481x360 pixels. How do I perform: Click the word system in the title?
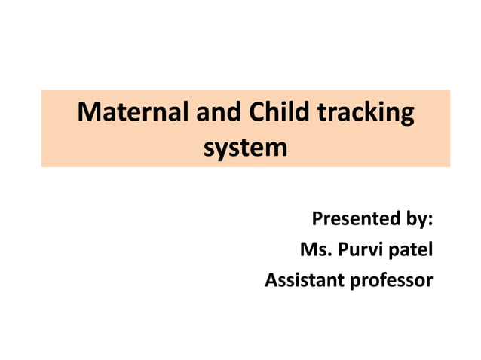pos(246,148)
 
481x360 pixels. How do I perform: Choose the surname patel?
pos(412,251)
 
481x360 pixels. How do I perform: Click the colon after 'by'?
pos(431,223)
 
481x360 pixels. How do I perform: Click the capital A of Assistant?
pos(271,281)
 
